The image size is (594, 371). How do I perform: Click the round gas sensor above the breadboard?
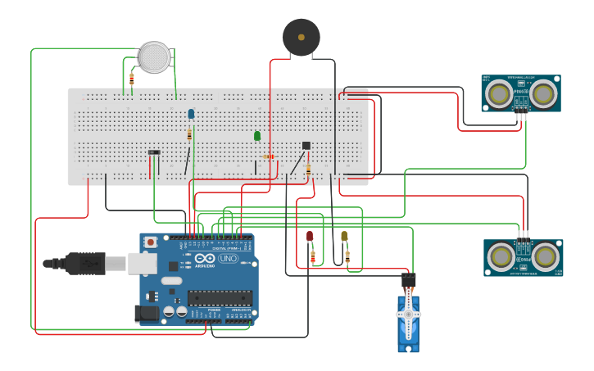pos(154,57)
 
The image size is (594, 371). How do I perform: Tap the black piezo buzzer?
pos(301,38)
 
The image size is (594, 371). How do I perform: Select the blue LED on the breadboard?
pos(191,114)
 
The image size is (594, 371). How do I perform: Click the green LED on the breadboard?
pos(257,136)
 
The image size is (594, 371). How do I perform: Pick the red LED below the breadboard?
pos(310,237)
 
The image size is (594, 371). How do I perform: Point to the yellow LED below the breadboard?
pos(344,236)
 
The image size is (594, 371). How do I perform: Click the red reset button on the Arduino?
pos(151,242)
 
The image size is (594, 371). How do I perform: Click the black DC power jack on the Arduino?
pos(146,313)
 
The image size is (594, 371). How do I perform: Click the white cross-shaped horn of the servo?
pos(408,314)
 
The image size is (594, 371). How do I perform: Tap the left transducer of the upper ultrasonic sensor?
pos(497,95)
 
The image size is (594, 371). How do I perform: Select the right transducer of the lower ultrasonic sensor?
pos(546,257)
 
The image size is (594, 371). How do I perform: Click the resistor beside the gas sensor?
pos(132,79)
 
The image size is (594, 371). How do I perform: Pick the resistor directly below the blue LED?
pos(189,134)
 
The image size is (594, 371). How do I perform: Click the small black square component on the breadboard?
pos(306,146)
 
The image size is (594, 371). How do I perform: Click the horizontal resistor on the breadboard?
pos(268,156)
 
